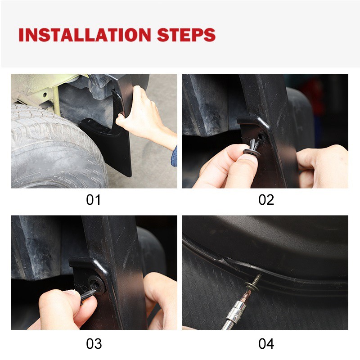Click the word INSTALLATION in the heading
tap(85, 35)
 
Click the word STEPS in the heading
tap(186, 35)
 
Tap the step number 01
tap(94, 200)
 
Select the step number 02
tap(266, 200)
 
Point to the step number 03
tap(94, 344)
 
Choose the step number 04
tap(266, 344)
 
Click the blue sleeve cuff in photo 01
tap(174, 156)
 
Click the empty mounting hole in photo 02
tap(261, 136)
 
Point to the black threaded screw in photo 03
tap(88, 296)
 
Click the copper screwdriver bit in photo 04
tap(247, 296)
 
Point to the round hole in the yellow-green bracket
tap(44, 94)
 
